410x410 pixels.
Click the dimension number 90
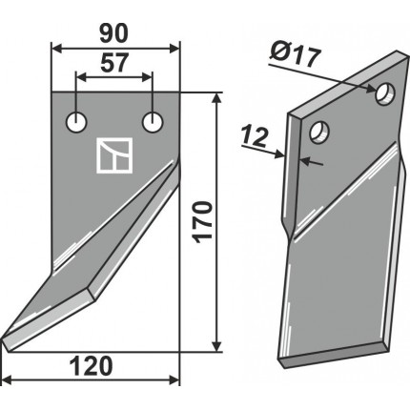tap(113, 33)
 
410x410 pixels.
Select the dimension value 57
tap(114, 63)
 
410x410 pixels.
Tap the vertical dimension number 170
tap(203, 222)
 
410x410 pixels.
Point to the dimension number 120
tap(91, 366)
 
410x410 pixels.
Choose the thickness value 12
tap(254, 137)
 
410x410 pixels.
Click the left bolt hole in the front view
tap(76, 122)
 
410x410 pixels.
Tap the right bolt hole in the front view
tap(153, 122)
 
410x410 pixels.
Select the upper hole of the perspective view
tap(385, 92)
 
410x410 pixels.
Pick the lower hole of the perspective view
tap(319, 132)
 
